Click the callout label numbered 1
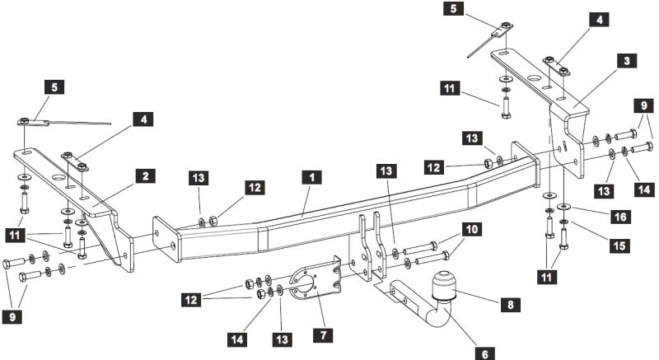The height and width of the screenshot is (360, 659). pos(312,177)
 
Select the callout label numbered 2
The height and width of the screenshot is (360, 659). pos(146,176)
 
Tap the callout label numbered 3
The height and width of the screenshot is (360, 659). pos(627,61)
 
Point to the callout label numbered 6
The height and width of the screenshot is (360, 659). pos(485,353)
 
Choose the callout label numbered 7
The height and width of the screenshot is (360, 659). pos(323,334)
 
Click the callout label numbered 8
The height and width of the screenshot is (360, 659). pos(511,305)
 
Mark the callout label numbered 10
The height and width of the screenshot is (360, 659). pos(471,229)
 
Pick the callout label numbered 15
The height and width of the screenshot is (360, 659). pos(620,245)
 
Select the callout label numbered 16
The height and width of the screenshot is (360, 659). pos(620,217)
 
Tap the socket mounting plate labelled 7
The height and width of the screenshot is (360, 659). pos(316,280)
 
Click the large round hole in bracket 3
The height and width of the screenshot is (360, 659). pos(535,78)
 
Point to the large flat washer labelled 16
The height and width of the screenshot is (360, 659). pos(563,206)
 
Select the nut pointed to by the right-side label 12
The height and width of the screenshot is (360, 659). pos(488,163)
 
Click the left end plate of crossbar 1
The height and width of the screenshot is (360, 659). pos(167,239)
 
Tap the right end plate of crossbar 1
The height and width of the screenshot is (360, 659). pos(525,165)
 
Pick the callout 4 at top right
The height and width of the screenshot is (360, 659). pos(600,20)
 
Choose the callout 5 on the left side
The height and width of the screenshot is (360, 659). pos(54,87)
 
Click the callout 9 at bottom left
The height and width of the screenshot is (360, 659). pos(12,316)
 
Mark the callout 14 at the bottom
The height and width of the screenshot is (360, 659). pos(237,339)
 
